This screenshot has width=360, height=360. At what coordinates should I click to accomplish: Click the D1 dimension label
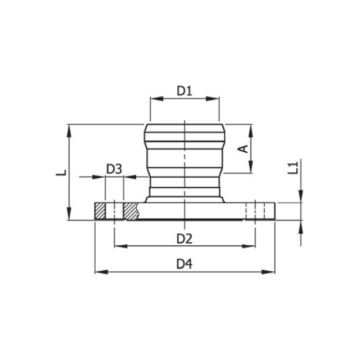pos(184,90)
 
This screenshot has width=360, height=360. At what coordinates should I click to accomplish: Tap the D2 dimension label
pos(184,239)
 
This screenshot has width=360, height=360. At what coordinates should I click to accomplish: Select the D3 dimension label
pos(114,169)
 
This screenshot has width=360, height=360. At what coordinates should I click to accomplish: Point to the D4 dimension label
pos(184,264)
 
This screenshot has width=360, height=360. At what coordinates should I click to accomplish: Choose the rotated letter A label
pos(242,148)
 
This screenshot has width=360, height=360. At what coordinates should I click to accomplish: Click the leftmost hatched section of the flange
pos(100,211)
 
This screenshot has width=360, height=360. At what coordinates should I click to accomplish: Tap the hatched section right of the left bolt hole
pos(131,211)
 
